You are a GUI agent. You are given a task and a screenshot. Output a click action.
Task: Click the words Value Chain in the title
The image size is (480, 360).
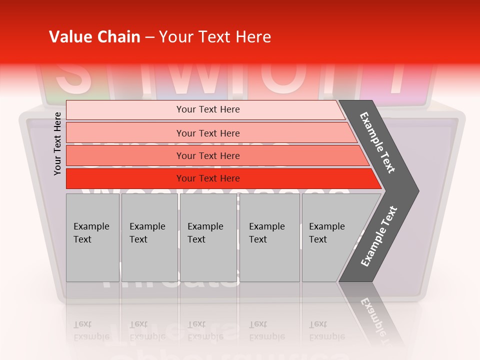(x=94, y=37)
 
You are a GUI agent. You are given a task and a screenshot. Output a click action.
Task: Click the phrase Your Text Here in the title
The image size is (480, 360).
(x=215, y=37)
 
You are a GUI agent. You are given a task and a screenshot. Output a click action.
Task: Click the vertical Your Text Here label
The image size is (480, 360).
(x=57, y=143)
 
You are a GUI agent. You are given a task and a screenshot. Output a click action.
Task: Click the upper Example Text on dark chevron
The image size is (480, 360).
(x=377, y=142)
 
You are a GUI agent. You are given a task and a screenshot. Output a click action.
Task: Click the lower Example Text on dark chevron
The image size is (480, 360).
(x=379, y=236)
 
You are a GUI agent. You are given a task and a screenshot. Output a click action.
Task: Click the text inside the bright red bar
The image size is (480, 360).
(x=208, y=178)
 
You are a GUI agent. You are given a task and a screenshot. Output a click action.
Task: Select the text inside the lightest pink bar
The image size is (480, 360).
(x=208, y=109)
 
